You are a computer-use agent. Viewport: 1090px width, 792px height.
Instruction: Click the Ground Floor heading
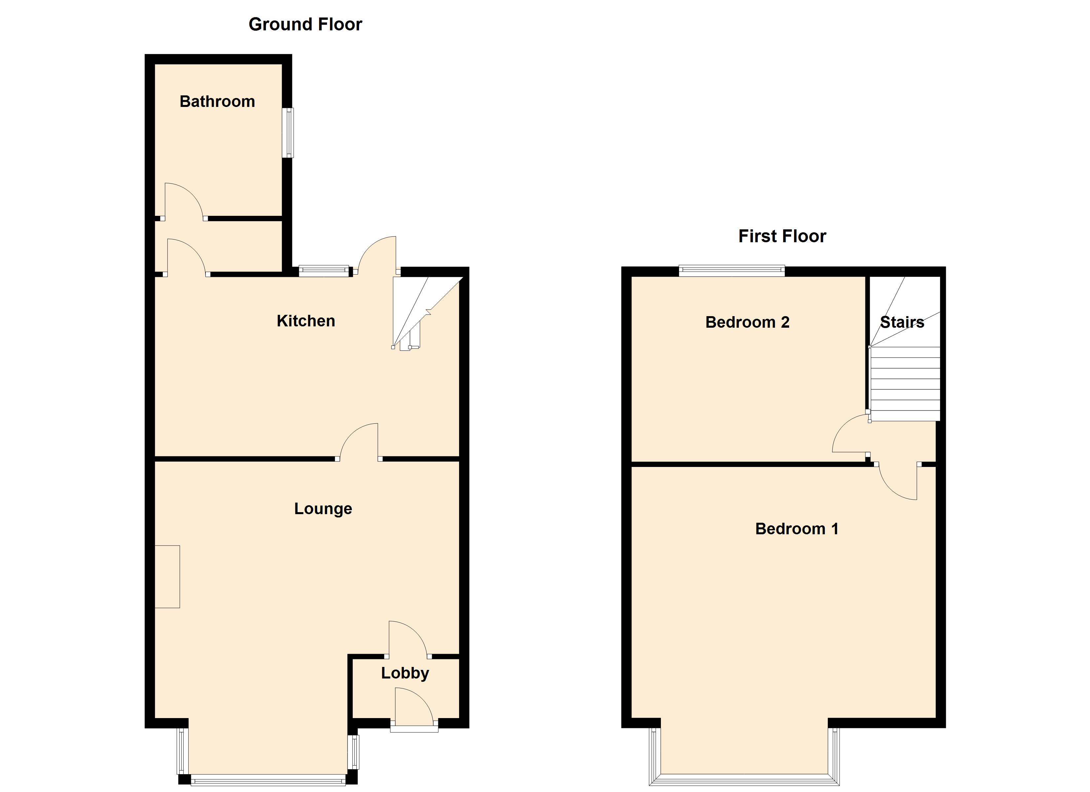(x=305, y=24)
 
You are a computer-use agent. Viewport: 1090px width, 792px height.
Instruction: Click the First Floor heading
(x=782, y=236)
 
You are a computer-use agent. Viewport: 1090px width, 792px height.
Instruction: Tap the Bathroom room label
(x=217, y=102)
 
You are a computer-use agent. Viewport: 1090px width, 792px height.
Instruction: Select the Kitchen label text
(x=306, y=321)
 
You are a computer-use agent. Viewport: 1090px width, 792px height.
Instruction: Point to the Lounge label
(x=323, y=509)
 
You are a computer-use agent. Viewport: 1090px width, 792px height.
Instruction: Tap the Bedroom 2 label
(x=747, y=322)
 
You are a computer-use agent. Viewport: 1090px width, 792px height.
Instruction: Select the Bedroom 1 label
(x=797, y=529)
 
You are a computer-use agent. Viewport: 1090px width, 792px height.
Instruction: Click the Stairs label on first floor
(x=902, y=322)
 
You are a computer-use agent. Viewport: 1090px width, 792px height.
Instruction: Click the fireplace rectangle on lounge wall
(x=167, y=577)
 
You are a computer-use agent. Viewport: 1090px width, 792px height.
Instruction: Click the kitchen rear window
(x=323, y=271)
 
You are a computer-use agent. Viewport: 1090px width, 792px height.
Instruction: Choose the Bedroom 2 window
(x=732, y=271)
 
